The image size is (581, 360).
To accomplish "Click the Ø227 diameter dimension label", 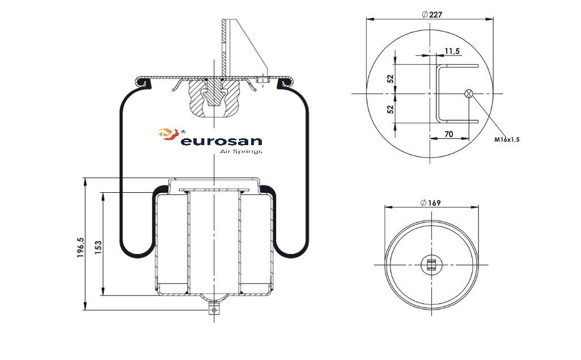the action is click(x=432, y=15).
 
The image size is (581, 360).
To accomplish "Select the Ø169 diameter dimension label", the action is click(x=431, y=203).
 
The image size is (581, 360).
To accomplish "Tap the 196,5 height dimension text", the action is click(x=81, y=248).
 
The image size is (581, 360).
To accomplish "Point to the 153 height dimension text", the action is click(x=98, y=247).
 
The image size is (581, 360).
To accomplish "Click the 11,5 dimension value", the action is click(x=452, y=51).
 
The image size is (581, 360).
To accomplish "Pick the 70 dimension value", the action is click(x=448, y=134).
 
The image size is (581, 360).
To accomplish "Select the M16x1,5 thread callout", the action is click(x=507, y=140).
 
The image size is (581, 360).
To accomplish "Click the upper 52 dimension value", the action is click(x=390, y=79).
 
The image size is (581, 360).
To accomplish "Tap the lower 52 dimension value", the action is click(x=390, y=109).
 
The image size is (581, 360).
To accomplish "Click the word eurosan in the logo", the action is click(x=221, y=141).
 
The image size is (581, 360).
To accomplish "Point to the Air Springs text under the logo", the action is click(x=241, y=151).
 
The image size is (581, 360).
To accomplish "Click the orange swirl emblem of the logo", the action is click(x=168, y=134).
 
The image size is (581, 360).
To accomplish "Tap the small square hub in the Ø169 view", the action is click(x=431, y=265).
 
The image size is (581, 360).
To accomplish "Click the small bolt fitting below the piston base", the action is click(x=214, y=309).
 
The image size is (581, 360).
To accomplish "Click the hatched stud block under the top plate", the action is click(x=214, y=97).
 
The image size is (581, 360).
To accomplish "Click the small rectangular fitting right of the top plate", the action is click(x=262, y=80).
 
